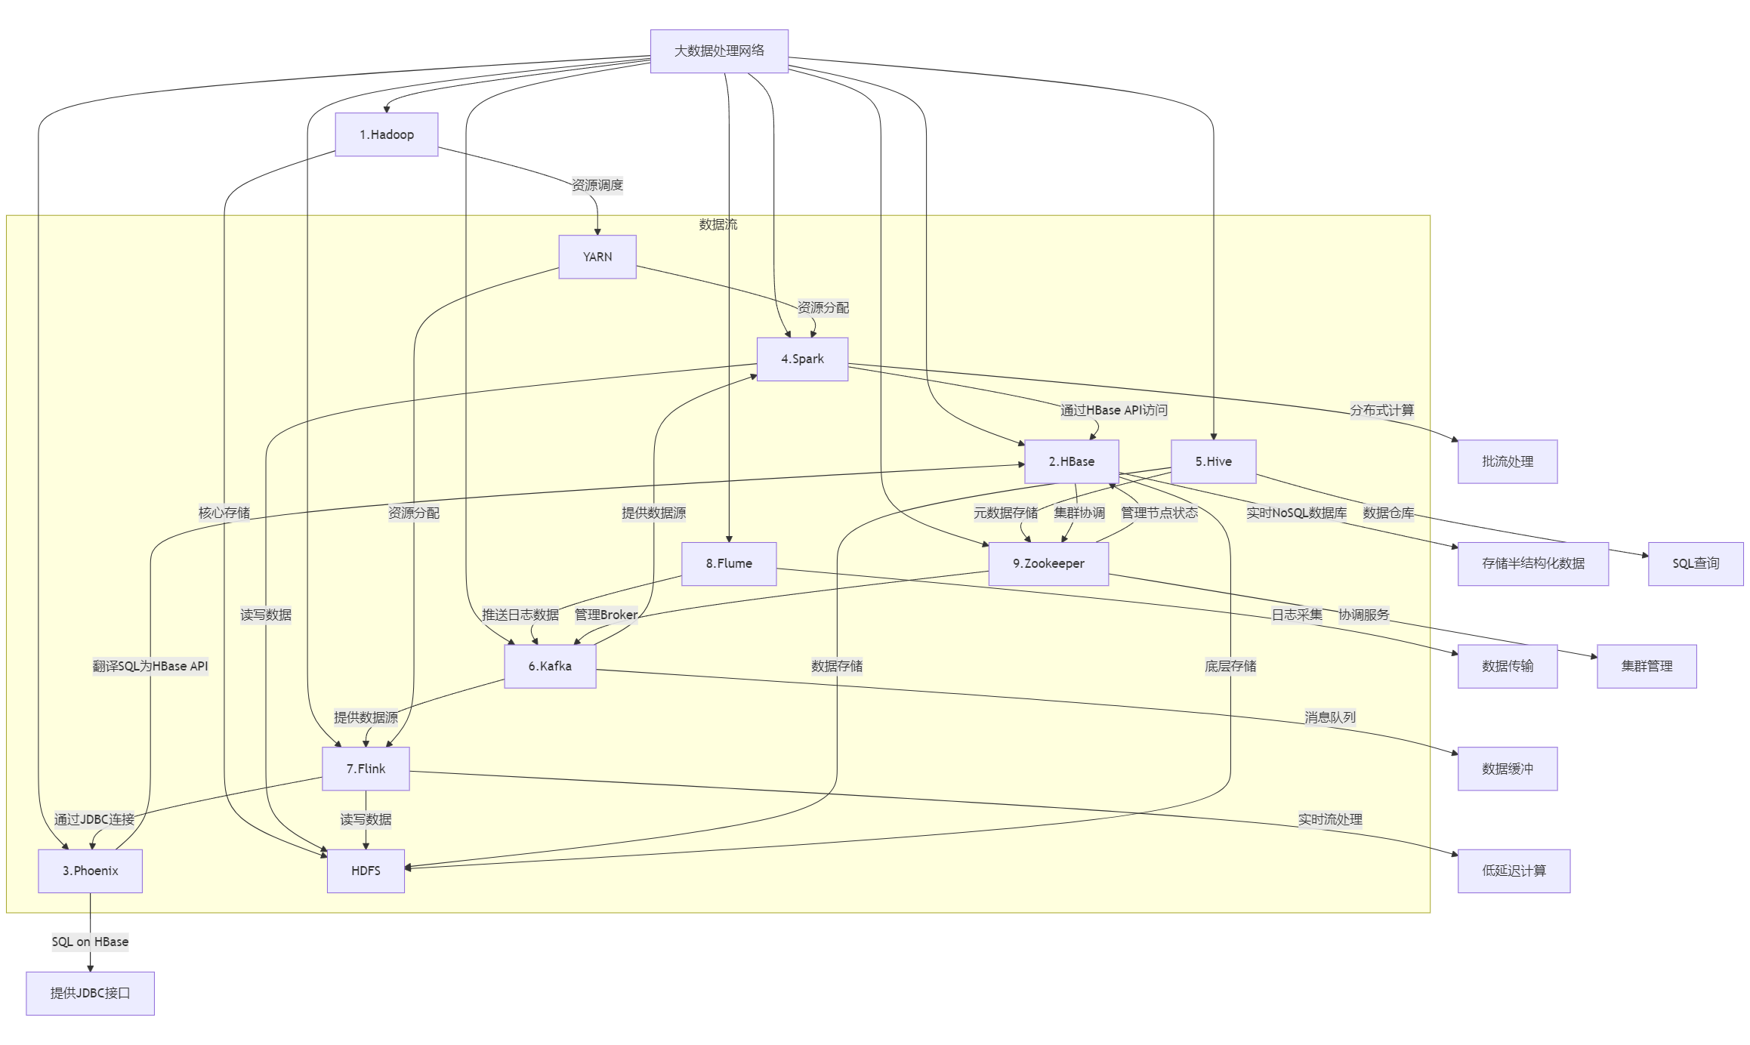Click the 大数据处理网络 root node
pyautogui.click(x=719, y=51)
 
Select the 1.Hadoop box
pyautogui.click(x=387, y=134)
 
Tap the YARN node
pyautogui.click(x=597, y=257)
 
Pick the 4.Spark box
pyautogui.click(x=802, y=359)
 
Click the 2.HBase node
pyautogui.click(x=1071, y=461)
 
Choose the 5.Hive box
pyautogui.click(x=1213, y=461)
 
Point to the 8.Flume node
pyautogui.click(x=729, y=563)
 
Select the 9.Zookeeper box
pyautogui.click(x=1048, y=563)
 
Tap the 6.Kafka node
pyautogui.click(x=550, y=666)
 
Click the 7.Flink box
pyautogui.click(x=366, y=769)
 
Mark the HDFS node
pyautogui.click(x=366, y=871)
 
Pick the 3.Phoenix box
pyautogui.click(x=90, y=871)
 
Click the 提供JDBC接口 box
pyautogui.click(x=90, y=993)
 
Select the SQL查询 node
pyautogui.click(x=1695, y=563)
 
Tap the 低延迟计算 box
pyautogui.click(x=1514, y=871)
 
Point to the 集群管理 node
pyautogui.click(x=1647, y=666)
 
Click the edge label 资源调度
pyautogui.click(x=597, y=185)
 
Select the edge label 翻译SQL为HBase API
pyautogui.click(x=150, y=666)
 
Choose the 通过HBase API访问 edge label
pyautogui.click(x=1113, y=410)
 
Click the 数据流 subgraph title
pyautogui.click(x=718, y=224)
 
